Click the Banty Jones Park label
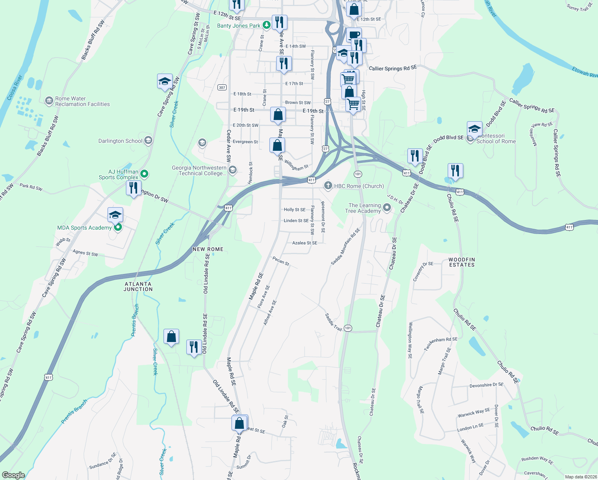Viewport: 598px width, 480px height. coord(239,26)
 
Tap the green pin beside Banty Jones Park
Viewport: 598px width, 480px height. coord(267,25)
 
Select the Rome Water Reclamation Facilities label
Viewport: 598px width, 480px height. coord(82,101)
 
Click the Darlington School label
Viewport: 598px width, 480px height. coord(120,141)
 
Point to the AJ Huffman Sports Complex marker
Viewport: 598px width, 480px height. coord(145,174)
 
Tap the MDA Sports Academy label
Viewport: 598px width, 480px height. coord(84,228)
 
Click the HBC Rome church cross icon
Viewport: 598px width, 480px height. coord(328,186)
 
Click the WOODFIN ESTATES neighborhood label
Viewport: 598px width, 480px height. coord(462,262)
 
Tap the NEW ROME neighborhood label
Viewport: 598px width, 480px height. coord(208,249)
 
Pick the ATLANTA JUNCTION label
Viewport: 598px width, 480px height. coord(138,286)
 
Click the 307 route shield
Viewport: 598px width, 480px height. coord(222,87)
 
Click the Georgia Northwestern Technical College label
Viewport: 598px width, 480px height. coord(199,170)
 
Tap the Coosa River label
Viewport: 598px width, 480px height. coord(15,88)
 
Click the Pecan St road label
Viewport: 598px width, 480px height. coord(281,261)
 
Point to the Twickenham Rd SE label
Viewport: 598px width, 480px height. coord(441,343)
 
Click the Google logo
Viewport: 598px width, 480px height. coord(13,475)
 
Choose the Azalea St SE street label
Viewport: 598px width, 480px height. coord(305,243)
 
